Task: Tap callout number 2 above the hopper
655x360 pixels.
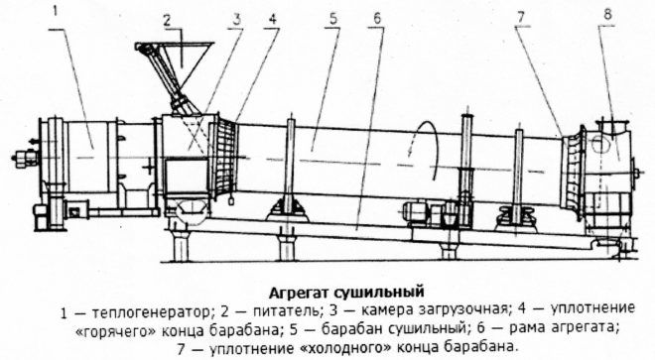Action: [x=169, y=20]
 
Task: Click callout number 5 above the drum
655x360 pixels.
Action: [x=334, y=19]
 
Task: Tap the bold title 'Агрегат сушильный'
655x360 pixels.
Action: [x=347, y=292]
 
